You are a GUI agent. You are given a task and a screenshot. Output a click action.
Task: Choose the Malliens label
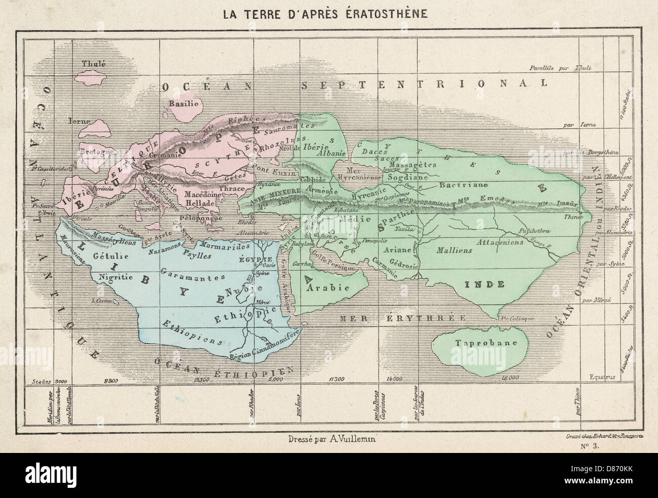click(454, 250)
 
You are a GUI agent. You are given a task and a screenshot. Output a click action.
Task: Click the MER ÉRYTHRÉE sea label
click(402, 318)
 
